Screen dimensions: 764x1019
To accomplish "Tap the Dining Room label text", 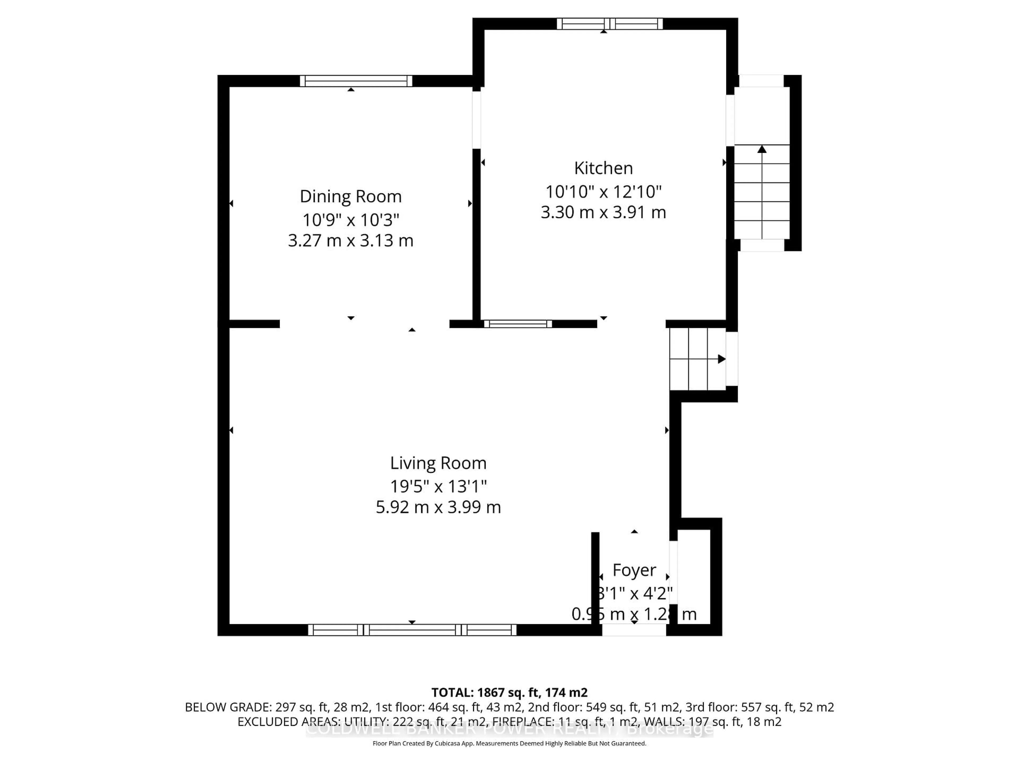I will tap(351, 197).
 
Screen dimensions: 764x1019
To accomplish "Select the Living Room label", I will tap(438, 463).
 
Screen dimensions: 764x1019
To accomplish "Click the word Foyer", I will tap(634, 570).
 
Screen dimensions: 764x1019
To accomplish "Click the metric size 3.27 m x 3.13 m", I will tap(351, 240).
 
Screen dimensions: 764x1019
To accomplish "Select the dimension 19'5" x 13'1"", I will tap(438, 486).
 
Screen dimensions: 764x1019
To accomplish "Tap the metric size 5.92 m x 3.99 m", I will tap(438, 507).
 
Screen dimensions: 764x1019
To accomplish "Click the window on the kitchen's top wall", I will tap(610, 24).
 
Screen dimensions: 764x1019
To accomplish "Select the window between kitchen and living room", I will tap(518, 324).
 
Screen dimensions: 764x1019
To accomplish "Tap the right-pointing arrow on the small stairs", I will tap(722, 359).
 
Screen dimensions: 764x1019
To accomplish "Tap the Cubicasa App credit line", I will tap(509, 743).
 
